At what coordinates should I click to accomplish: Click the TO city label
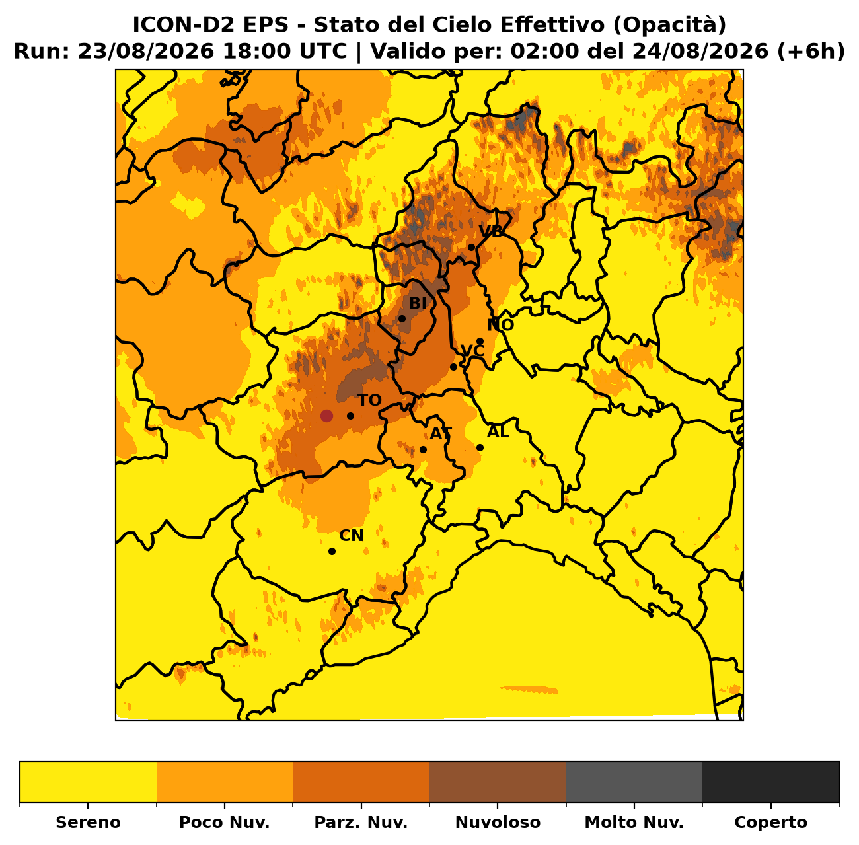[369, 400]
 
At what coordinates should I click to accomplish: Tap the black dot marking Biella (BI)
[402, 319]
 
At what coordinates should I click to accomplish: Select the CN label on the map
[352, 536]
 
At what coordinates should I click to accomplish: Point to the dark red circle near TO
[326, 416]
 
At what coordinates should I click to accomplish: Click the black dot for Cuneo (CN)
[332, 552]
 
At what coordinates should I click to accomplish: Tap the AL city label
[498, 431]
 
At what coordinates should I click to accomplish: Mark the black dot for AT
[423, 449]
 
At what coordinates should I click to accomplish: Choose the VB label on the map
[490, 231]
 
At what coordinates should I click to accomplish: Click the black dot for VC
[453, 367]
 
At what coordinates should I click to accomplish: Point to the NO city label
[500, 325]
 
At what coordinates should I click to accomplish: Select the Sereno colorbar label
[88, 822]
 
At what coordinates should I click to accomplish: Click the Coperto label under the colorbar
[770, 822]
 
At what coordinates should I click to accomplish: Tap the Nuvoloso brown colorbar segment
[498, 782]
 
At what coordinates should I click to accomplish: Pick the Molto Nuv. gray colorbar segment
[634, 782]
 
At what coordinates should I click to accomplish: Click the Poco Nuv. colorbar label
[224, 822]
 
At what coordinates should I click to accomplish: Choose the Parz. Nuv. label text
[361, 822]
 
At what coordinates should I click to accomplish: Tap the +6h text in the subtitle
[810, 51]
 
